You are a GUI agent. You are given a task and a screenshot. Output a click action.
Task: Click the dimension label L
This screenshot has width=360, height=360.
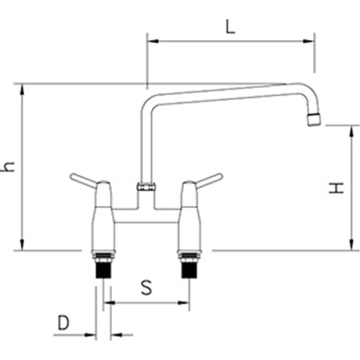(x=230, y=27)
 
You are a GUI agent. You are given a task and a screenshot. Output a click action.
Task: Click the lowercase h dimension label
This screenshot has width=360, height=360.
(x=8, y=167)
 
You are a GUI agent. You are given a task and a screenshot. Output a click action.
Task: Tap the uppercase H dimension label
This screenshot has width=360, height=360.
(x=336, y=188)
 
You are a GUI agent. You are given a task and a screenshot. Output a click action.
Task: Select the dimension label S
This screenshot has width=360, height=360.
(x=147, y=288)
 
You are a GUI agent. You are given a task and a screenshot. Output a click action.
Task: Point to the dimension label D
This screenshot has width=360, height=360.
(x=63, y=323)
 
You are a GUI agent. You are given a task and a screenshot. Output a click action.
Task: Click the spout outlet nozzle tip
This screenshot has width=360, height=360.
(x=314, y=119)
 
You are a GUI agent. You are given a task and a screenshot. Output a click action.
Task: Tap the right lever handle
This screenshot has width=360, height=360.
(x=210, y=180)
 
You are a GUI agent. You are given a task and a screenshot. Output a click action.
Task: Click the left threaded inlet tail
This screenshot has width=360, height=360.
(x=103, y=266)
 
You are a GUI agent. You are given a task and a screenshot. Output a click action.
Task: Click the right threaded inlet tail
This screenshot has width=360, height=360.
(x=189, y=266)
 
